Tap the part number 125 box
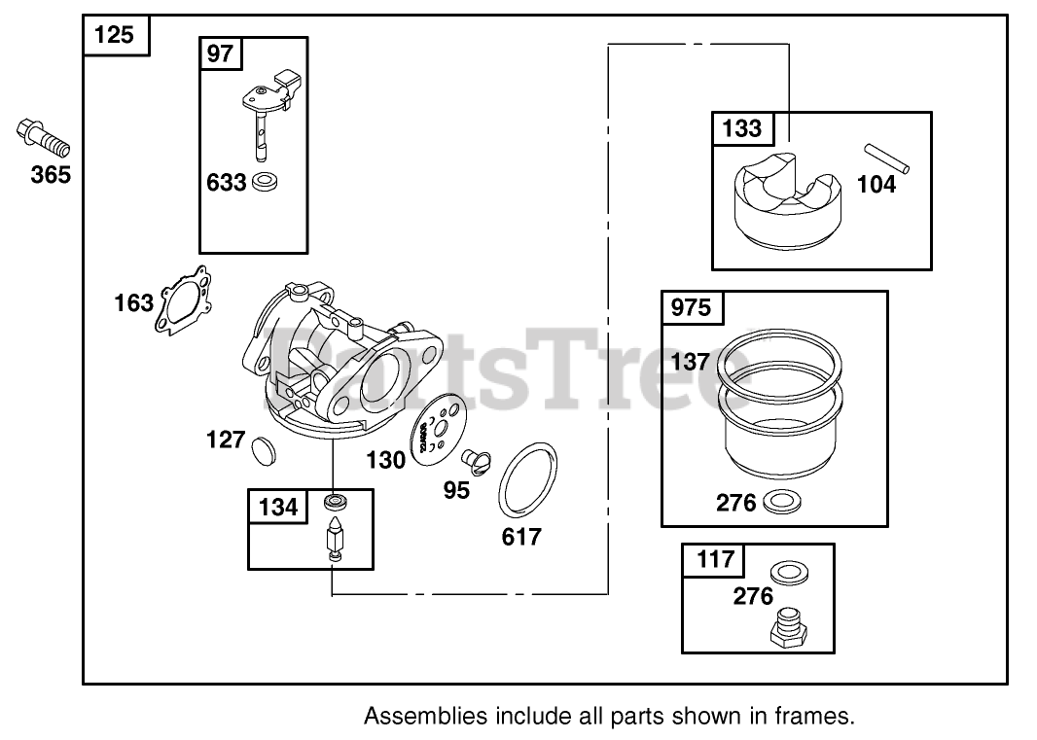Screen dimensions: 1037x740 116,37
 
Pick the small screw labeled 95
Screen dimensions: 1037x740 476,456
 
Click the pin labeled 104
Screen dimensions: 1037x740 887,159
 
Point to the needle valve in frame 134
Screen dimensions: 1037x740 334,539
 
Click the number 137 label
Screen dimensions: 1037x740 690,362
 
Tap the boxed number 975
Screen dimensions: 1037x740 692,309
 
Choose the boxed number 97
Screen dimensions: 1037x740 221,53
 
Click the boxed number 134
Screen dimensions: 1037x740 278,507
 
